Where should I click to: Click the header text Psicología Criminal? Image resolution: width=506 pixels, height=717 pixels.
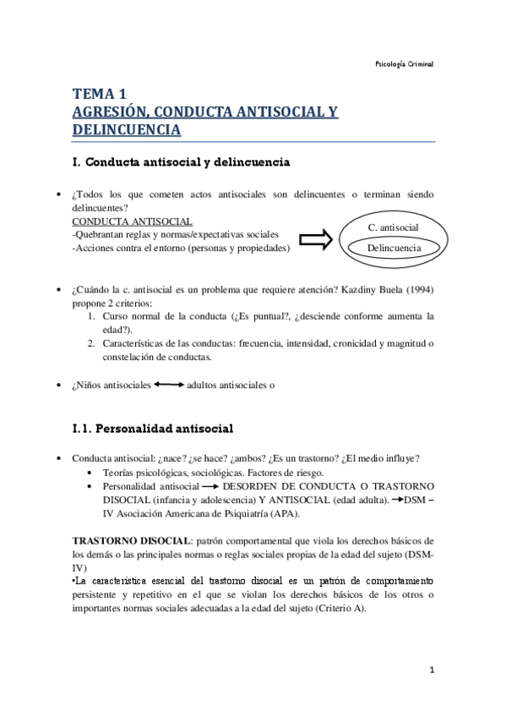[x=403, y=65]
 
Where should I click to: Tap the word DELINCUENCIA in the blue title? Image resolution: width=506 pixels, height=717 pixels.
[x=127, y=129]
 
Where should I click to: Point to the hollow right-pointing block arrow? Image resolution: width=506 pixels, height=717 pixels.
[x=316, y=240]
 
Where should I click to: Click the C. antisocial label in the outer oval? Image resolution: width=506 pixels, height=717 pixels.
[x=394, y=227]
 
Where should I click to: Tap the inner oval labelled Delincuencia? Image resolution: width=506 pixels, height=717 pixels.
[x=394, y=248]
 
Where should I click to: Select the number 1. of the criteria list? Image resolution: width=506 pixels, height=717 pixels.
[x=94, y=316]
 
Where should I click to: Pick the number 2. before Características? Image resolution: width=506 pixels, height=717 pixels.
[x=94, y=343]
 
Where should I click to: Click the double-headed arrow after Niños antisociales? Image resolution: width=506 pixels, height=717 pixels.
[x=169, y=385]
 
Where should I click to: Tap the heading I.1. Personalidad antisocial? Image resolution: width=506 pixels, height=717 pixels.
[x=153, y=427]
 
